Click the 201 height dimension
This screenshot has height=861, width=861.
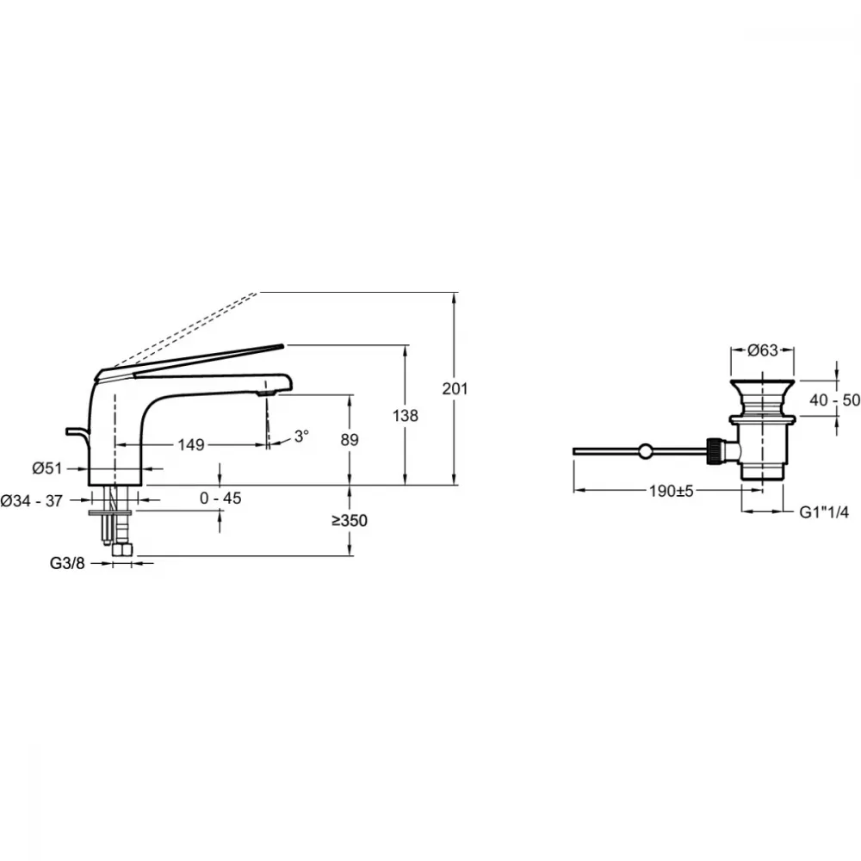point(455,389)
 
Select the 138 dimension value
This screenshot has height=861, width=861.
point(406,416)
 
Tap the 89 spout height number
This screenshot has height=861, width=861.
point(350,439)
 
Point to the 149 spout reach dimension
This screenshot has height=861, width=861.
point(190,444)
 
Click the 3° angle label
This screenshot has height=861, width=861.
point(301,437)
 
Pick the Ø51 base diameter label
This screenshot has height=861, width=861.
point(47,468)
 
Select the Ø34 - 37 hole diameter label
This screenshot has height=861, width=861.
point(31,501)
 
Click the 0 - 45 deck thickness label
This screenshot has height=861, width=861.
point(220,498)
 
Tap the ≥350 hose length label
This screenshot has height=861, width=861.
point(350,521)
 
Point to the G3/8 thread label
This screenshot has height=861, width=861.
point(67,563)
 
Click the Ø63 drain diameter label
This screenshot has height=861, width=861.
point(763,350)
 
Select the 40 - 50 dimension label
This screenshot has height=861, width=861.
point(834,400)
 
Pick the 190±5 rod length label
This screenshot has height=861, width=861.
point(671,491)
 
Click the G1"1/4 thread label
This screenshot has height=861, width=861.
point(824,511)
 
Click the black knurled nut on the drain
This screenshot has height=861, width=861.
point(715,451)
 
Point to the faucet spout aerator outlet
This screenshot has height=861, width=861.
point(267,393)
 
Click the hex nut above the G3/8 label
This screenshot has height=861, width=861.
point(122,550)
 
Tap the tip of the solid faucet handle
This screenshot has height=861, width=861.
point(283,345)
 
